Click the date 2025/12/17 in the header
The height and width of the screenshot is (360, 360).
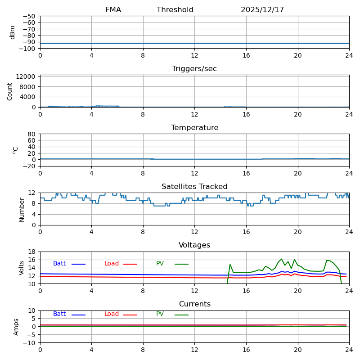[x=262, y=10]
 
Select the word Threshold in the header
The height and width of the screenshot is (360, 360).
[x=175, y=10]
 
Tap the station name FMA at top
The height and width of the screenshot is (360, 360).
[x=113, y=10]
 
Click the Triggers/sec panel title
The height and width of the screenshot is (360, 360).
[x=194, y=69]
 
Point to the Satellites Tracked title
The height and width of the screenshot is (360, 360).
[x=194, y=187]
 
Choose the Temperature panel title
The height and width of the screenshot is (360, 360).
[x=194, y=128]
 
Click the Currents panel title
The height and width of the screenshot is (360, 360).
[x=194, y=304]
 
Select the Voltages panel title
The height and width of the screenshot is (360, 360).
[x=194, y=245]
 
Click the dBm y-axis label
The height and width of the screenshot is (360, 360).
[x=13, y=32]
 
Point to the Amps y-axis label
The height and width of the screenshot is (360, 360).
[x=16, y=327]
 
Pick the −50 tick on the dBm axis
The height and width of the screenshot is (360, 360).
[x=29, y=16]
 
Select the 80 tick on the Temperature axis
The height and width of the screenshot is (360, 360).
[x=31, y=134]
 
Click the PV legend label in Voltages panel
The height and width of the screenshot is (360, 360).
[x=160, y=264]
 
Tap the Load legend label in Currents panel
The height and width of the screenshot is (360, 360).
[x=112, y=314]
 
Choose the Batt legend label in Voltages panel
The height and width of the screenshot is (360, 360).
[x=59, y=264]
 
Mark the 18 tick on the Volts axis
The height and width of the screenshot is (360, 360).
[x=31, y=252]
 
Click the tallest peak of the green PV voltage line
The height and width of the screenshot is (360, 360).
[x=282, y=259]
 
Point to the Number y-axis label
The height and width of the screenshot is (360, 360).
[x=22, y=209]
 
